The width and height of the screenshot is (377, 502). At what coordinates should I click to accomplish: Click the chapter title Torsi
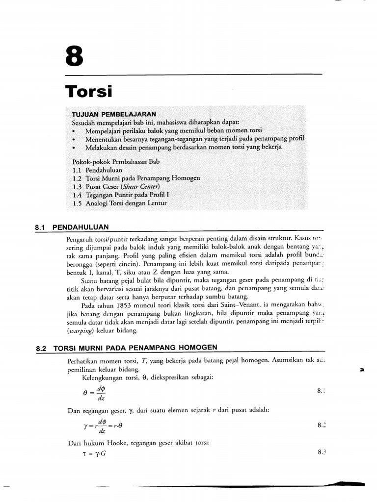point(89,92)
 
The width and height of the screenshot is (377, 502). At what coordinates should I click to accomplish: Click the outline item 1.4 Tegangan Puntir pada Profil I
point(120,195)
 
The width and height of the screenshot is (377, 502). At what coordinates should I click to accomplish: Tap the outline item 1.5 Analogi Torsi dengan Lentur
point(119,203)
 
